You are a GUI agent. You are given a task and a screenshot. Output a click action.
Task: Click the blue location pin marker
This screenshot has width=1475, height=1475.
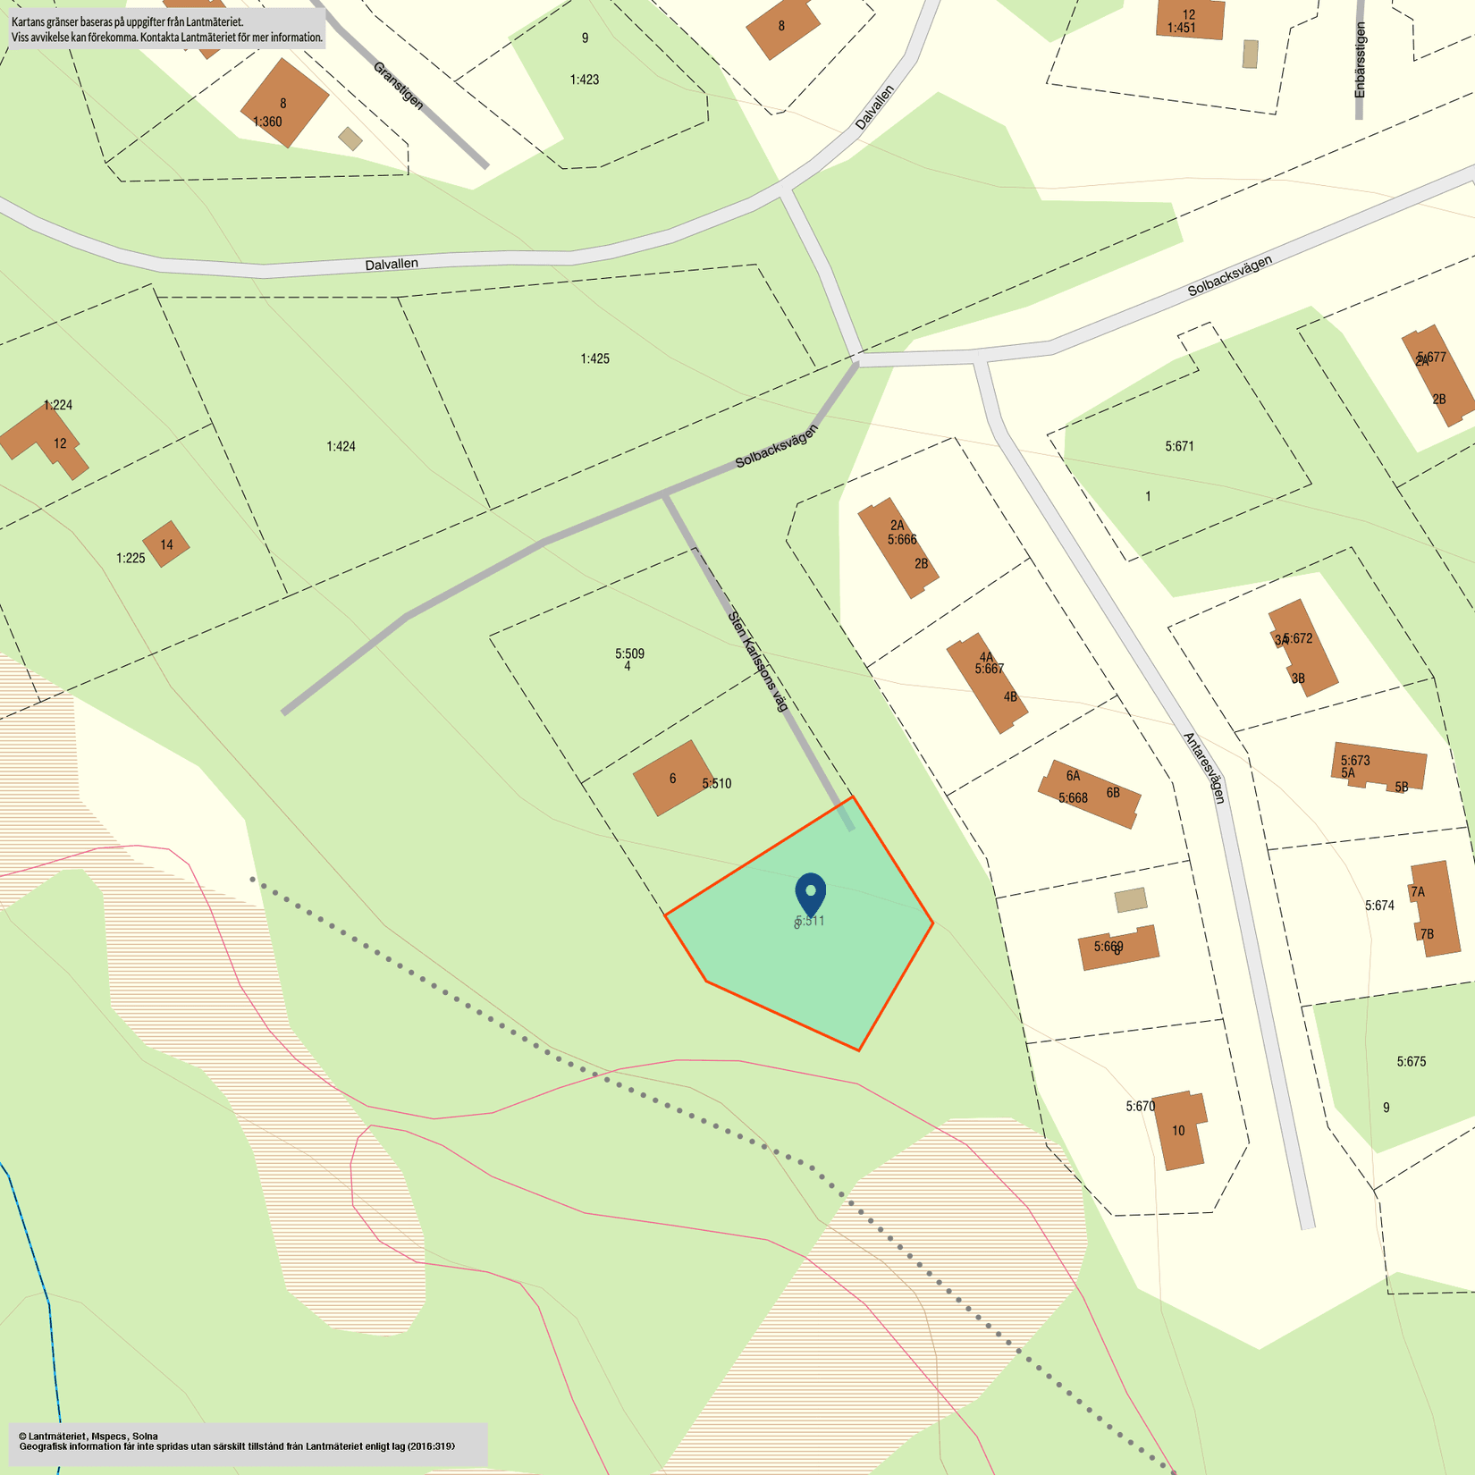810,893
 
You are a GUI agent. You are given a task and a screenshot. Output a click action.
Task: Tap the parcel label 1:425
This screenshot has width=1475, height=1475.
594,359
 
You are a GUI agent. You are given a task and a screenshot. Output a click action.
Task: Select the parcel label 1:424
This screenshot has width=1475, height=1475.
341,446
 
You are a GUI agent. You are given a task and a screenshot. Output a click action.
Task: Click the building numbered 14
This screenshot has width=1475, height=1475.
166,544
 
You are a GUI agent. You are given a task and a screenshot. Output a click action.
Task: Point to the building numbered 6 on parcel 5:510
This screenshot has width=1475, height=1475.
672,778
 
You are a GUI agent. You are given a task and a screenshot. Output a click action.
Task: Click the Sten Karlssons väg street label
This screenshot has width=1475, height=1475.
758,661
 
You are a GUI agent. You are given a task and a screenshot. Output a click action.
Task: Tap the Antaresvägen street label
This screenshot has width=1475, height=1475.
1204,768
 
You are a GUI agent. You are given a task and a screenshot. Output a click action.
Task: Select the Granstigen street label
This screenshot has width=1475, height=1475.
398,86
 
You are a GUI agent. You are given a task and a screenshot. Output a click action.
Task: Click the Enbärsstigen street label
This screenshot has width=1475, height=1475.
1360,60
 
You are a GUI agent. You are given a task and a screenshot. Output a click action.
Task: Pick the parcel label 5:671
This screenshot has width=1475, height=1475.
1179,446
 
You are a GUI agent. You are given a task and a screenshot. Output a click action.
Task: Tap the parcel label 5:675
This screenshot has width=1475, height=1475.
1411,1062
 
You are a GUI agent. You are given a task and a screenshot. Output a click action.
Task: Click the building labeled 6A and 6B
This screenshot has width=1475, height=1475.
1090,793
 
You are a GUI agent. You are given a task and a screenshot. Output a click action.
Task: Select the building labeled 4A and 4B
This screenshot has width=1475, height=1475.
987,683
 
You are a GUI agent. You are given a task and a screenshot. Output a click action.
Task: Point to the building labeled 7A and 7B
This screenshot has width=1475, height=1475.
1434,908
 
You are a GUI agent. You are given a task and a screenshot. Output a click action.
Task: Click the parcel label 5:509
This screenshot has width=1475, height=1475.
629,653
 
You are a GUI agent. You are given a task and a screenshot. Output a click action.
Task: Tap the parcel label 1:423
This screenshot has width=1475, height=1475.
585,80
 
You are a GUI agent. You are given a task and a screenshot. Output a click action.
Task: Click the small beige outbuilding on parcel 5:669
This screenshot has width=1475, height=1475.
1131,899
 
